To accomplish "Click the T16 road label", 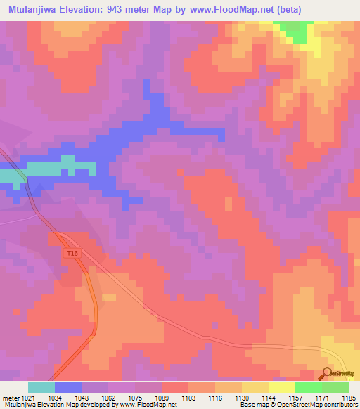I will coord(71,253).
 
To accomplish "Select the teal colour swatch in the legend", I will coord(41,387).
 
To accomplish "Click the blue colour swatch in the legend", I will coord(67,387).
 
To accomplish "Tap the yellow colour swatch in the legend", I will coord(281,387).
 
